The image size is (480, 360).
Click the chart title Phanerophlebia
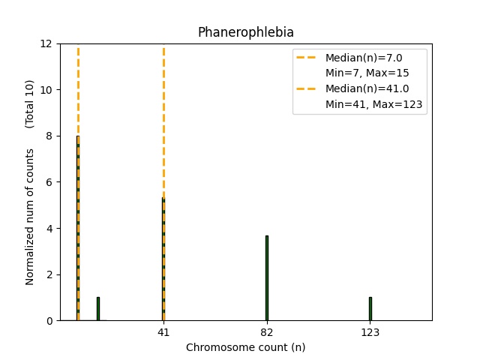(245, 32)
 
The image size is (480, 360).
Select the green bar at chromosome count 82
(266, 277)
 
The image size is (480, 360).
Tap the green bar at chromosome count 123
(370, 309)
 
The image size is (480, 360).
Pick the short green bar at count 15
(97, 309)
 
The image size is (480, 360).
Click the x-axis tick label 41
(163, 333)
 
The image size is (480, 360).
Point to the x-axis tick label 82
(266, 333)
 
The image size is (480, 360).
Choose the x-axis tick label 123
(370, 333)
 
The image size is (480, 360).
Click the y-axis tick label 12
(46, 43)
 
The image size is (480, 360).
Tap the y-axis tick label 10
(46, 90)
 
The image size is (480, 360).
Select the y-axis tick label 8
(49, 136)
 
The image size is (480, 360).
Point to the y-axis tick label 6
(49, 182)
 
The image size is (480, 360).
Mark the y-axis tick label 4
(49, 228)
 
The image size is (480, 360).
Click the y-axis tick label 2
(49, 274)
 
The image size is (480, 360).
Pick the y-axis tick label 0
(49, 321)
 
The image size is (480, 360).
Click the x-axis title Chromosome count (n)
(245, 347)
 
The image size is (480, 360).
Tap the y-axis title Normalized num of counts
(30, 216)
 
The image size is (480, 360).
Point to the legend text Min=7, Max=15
(367, 73)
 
